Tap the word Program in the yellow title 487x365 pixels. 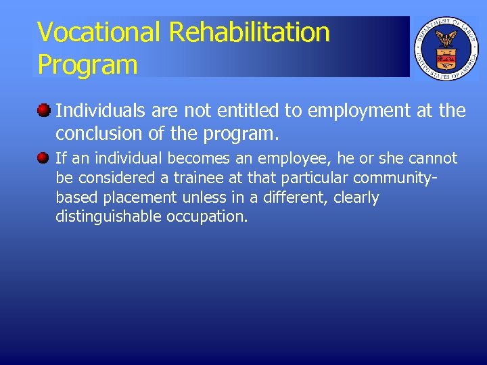pyautogui.click(x=87, y=65)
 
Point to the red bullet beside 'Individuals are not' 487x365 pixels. pyautogui.click(x=44, y=109)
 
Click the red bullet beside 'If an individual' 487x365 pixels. pyautogui.click(x=44, y=158)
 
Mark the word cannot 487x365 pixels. pyautogui.click(x=433, y=159)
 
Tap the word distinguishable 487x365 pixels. pyautogui.click(x=108, y=218)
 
